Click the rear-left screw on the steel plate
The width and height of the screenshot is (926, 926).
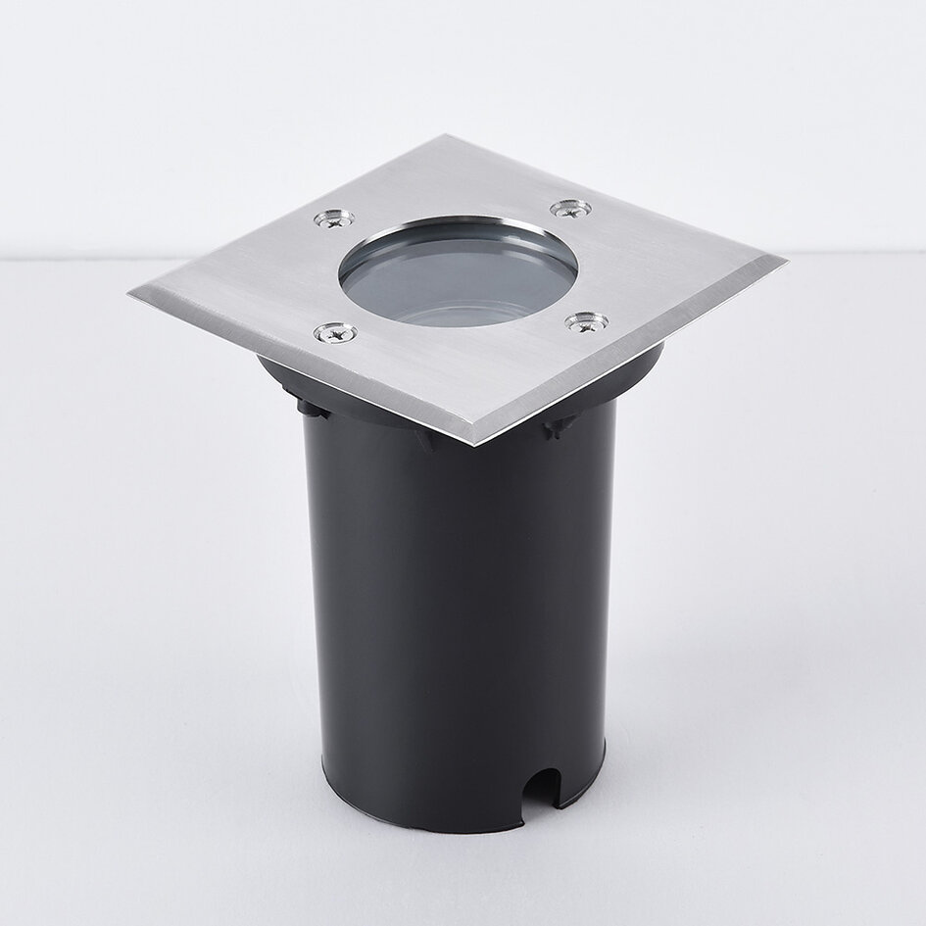point(333,219)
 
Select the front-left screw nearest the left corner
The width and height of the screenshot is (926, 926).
point(334,333)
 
